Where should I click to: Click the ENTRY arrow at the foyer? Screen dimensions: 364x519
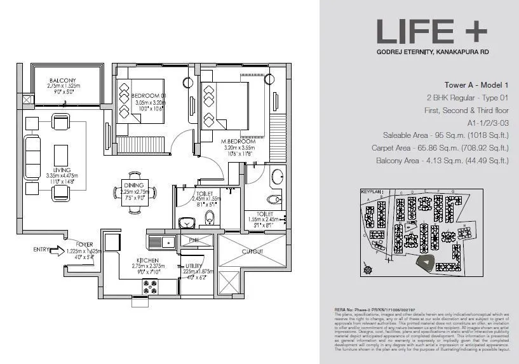pos(55,250)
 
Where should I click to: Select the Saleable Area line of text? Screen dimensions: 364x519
pos(445,135)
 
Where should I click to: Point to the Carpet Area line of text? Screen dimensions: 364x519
pos(440,148)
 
